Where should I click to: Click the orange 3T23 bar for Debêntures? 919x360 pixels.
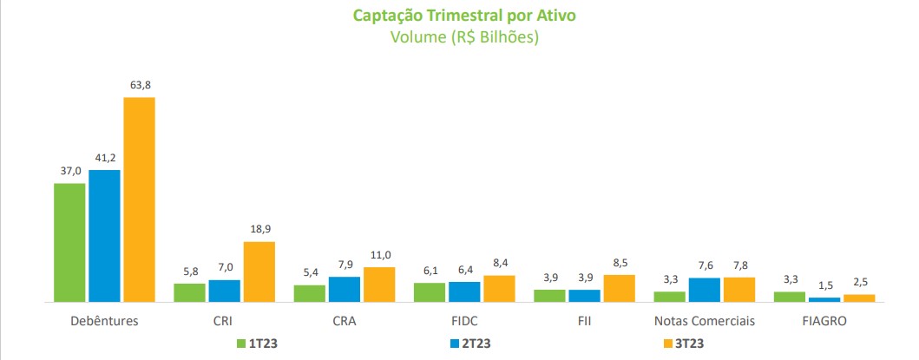pyautogui.click(x=139, y=200)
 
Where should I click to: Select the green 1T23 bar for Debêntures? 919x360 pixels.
pyautogui.click(x=69, y=242)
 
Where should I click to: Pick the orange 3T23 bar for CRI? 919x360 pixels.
pyautogui.click(x=259, y=272)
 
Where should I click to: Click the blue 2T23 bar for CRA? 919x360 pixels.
pyautogui.click(x=344, y=289)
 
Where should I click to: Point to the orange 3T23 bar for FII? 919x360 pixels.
pyautogui.click(x=619, y=288)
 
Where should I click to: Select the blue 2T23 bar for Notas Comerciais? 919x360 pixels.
pyautogui.click(x=704, y=290)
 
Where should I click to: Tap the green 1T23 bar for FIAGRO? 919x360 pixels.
pyautogui.click(x=789, y=297)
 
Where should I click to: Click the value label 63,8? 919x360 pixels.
pyautogui.click(x=139, y=85)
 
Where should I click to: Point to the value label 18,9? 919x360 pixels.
pyautogui.click(x=259, y=229)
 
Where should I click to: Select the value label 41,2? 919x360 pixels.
pyautogui.click(x=104, y=158)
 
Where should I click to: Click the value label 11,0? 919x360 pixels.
pyautogui.click(x=378, y=255)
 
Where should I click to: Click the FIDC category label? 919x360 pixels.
pyautogui.click(x=463, y=321)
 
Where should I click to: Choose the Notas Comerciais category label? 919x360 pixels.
pyautogui.click(x=704, y=321)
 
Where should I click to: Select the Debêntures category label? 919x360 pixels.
pyautogui.click(x=104, y=321)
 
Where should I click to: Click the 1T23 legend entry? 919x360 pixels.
pyautogui.click(x=257, y=344)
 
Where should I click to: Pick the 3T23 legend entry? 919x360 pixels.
pyautogui.click(x=683, y=344)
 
